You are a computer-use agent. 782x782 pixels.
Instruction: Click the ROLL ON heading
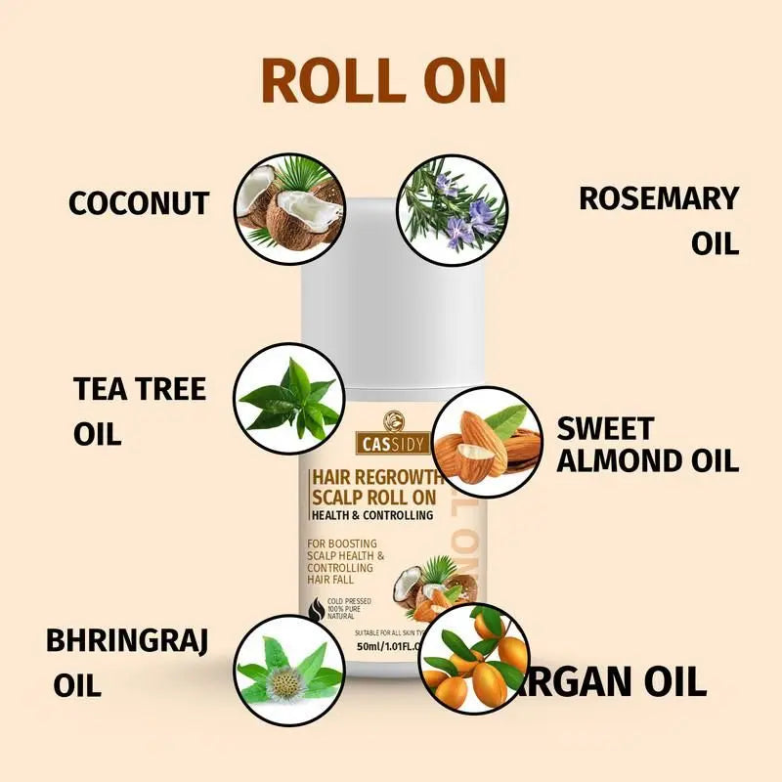pos(384,81)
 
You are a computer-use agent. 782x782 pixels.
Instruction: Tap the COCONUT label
pos(139,203)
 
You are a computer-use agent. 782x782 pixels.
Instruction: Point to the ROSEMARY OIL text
pos(658,219)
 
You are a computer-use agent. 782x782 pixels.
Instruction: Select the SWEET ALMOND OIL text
pos(647,444)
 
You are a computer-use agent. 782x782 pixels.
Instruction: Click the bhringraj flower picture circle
pos(290,670)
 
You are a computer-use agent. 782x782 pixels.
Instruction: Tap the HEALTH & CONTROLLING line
pos(371,515)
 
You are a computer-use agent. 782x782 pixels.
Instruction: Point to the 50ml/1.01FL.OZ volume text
pos(376,646)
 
